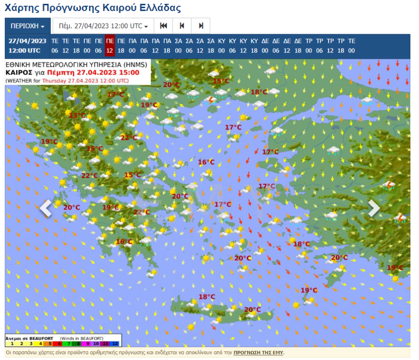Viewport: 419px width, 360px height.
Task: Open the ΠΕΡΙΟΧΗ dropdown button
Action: [28, 26]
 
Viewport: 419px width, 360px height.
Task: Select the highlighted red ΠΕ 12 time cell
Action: [110, 46]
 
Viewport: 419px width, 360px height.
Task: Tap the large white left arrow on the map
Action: [46, 208]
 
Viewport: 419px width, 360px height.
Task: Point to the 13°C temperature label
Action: [77, 115]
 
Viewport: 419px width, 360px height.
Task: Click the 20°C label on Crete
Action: [252, 310]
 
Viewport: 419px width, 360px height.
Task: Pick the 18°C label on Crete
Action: [207, 297]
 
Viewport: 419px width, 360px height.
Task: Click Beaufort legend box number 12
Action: [116, 343]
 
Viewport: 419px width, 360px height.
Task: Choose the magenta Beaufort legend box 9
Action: [88, 343]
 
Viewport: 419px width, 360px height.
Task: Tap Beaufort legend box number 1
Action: [11, 343]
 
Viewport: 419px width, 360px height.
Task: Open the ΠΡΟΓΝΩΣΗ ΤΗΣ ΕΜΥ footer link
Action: [258, 353]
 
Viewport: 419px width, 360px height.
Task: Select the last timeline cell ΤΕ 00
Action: [351, 46]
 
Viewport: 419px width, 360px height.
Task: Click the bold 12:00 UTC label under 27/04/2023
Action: [28, 50]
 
